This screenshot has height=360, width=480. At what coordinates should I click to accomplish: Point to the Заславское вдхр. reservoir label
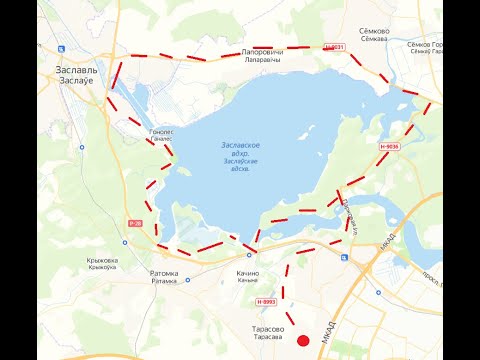click(240, 147)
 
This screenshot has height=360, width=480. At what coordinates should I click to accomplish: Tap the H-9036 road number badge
click(389, 147)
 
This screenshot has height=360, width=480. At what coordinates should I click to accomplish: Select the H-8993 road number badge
click(265, 301)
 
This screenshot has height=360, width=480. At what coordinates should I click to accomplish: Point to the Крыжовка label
click(102, 260)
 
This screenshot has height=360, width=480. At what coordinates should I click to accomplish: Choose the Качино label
click(248, 273)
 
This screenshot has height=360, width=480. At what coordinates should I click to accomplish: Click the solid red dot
click(304, 342)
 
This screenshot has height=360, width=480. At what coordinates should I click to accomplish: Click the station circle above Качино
click(249, 255)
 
